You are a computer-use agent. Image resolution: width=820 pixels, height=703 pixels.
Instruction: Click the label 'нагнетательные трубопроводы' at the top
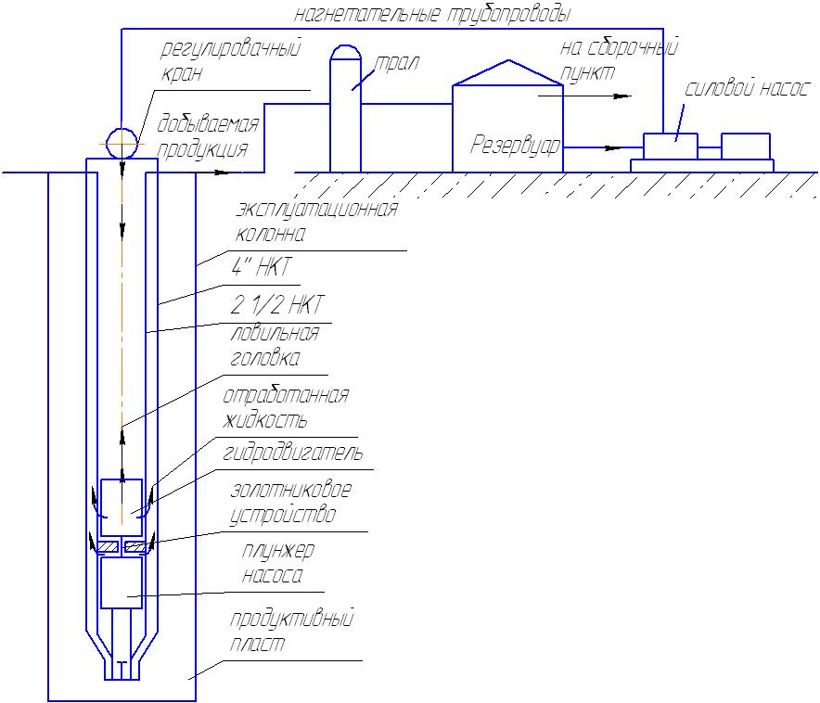click(x=431, y=14)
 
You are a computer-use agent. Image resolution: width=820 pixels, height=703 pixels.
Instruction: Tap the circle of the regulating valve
click(x=122, y=144)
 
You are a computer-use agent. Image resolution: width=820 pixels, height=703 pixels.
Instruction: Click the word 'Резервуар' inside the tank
click(x=516, y=146)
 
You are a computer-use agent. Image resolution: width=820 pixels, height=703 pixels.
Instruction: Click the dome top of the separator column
click(x=345, y=52)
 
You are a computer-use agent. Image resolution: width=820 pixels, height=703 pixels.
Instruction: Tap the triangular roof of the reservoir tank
click(x=507, y=73)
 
